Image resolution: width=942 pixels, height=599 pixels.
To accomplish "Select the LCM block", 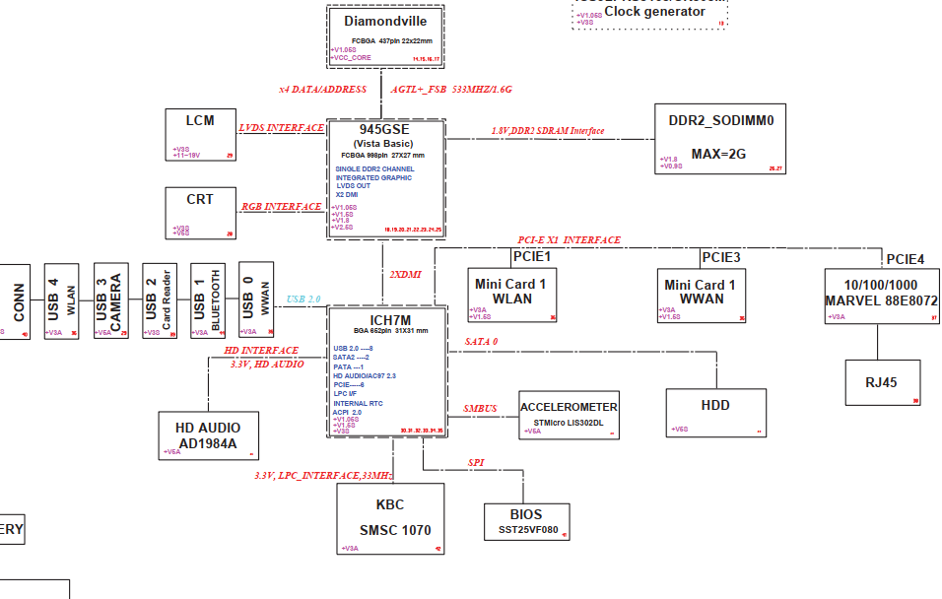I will tap(201, 134).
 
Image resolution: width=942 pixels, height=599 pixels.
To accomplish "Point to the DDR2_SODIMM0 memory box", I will tap(720, 139).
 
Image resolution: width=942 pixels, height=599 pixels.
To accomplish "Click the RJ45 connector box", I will tap(883, 382).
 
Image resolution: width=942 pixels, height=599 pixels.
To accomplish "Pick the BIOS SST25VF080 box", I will tap(525, 522).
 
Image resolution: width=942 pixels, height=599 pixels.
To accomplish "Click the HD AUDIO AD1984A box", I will tap(207, 435).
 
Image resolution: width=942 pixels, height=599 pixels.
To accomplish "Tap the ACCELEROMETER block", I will tap(569, 415).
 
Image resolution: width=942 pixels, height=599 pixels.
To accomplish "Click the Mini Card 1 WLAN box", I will tap(509, 295).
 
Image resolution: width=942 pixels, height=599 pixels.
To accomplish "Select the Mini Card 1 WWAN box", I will tap(701, 295).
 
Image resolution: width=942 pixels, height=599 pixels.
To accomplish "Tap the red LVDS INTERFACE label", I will tap(282, 128).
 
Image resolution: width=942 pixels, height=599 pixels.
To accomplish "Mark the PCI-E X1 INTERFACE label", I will tap(570, 240).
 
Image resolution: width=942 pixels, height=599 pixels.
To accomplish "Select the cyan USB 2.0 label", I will tap(304, 299).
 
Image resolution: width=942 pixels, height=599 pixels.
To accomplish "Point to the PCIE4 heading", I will tap(905, 259).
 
